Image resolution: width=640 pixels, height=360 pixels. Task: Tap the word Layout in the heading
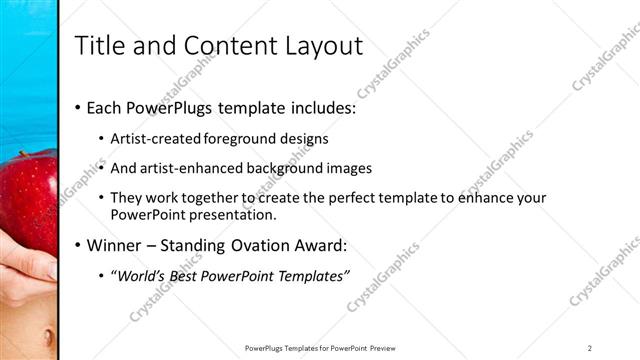(x=323, y=46)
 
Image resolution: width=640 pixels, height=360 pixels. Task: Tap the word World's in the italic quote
(x=143, y=275)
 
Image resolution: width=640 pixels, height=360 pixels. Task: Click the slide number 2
(x=590, y=347)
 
